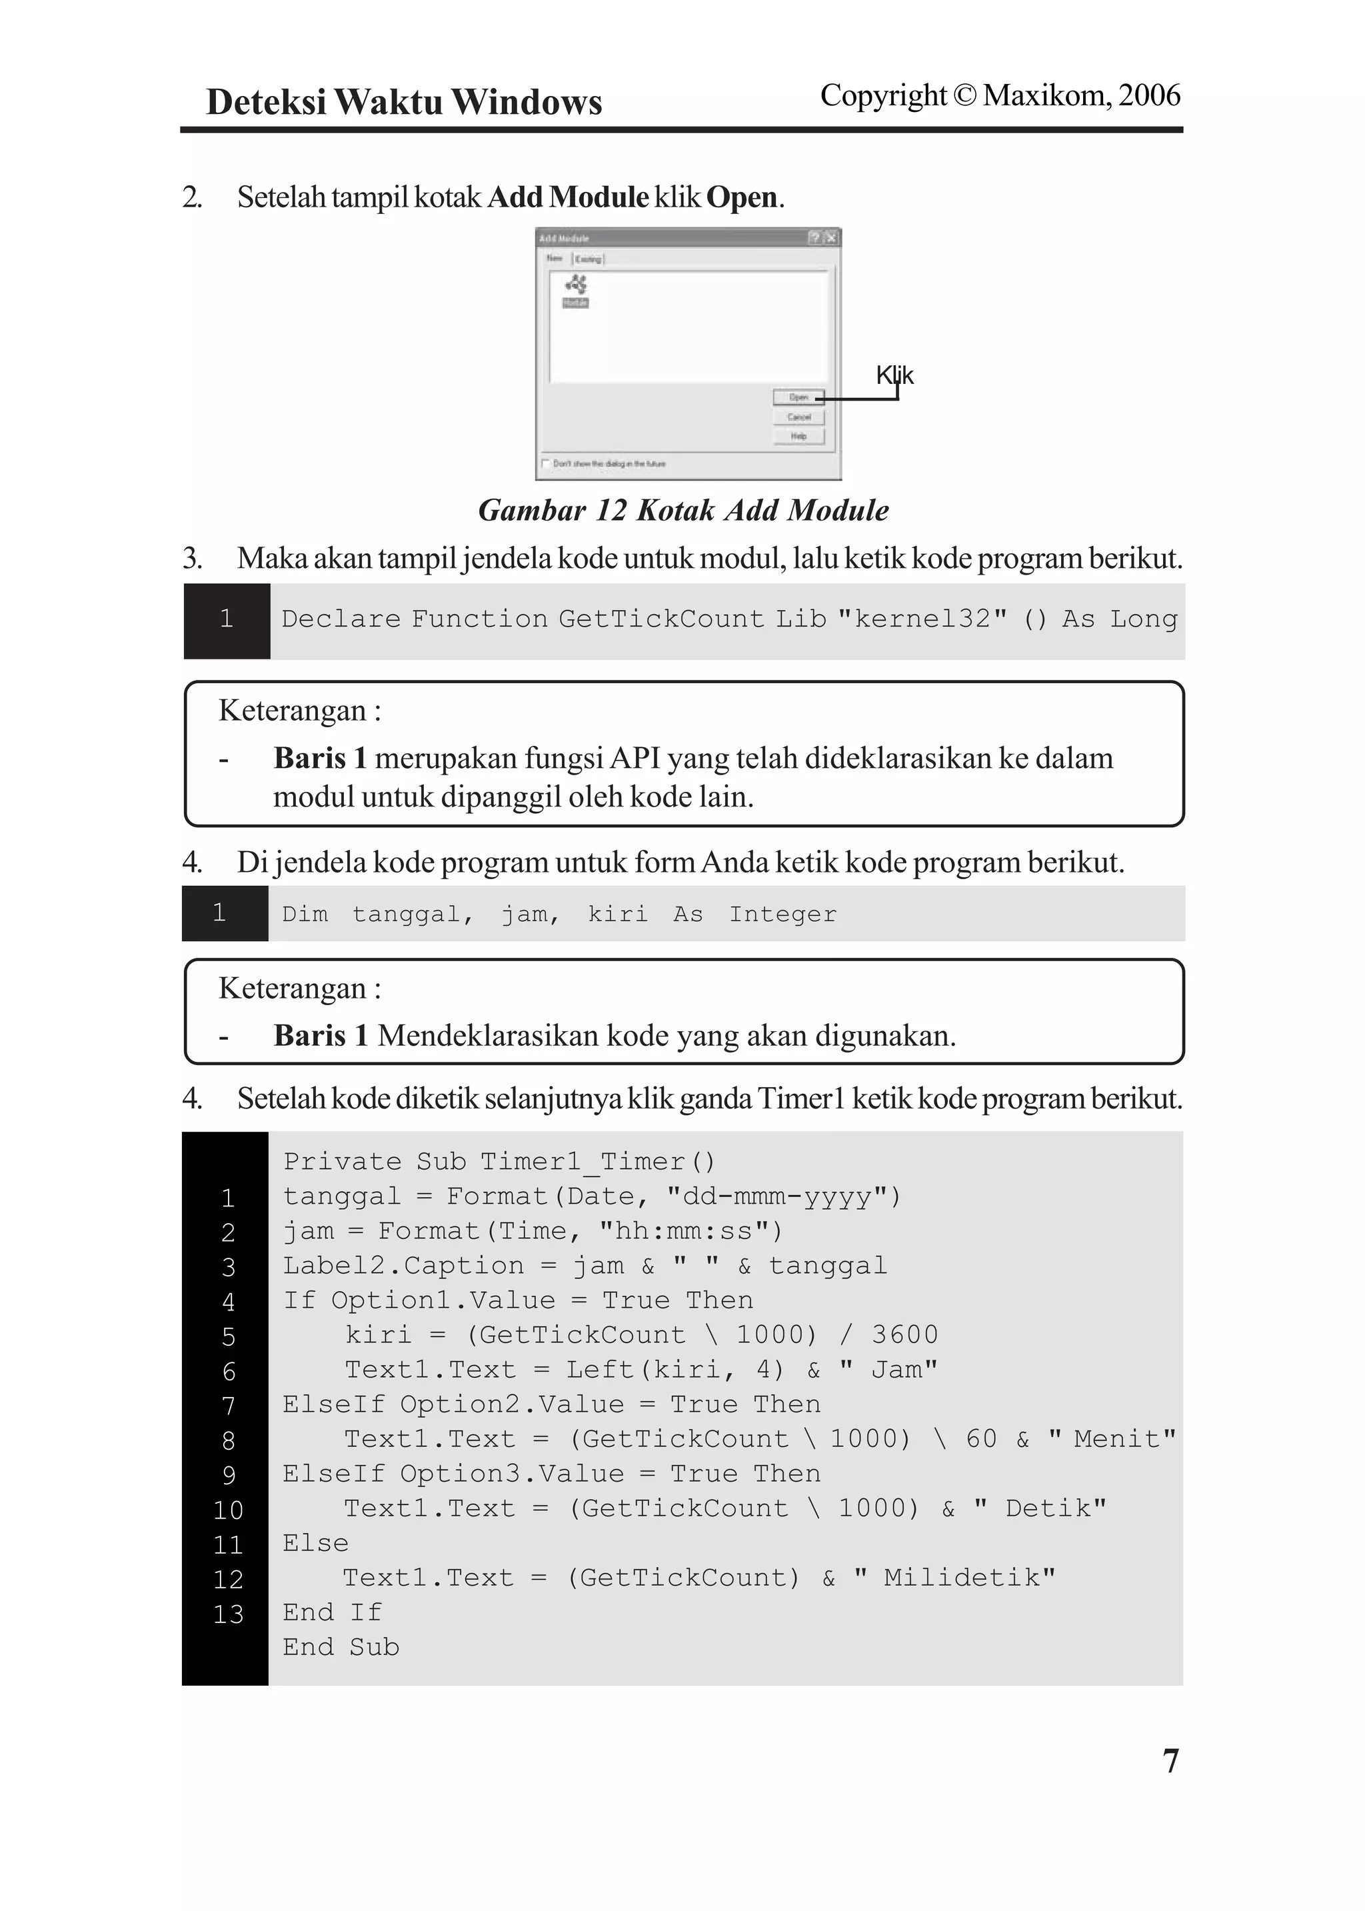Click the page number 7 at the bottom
1170,1760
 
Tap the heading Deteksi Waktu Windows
403,103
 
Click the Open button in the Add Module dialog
798,397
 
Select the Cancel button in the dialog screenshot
798,417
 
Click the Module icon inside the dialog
576,290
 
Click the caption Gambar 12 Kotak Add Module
682,510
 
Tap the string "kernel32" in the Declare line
922,619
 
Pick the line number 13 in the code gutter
228,1614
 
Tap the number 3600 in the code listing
904,1334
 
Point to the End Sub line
341,1647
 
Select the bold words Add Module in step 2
568,197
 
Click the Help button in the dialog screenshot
798,436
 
